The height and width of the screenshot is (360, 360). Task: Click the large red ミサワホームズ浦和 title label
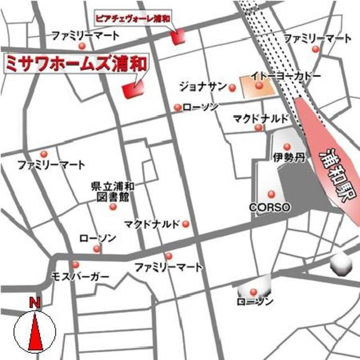point(76,62)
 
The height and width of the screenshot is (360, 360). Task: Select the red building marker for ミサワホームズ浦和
point(133,89)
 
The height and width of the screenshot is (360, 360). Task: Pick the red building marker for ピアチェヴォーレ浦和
point(178,37)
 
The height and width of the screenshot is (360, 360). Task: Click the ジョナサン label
point(203,88)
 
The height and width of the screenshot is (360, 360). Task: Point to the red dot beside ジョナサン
point(232,87)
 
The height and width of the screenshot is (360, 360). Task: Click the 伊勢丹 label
point(288,157)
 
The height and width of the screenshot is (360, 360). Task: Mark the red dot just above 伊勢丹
point(287,147)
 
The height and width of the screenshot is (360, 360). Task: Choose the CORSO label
point(270,207)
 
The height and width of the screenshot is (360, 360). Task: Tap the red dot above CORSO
point(272,194)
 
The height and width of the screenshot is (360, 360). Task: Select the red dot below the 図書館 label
point(113,206)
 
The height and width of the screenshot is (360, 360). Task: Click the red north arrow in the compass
point(35,334)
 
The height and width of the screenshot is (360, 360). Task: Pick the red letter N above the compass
point(35,303)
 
